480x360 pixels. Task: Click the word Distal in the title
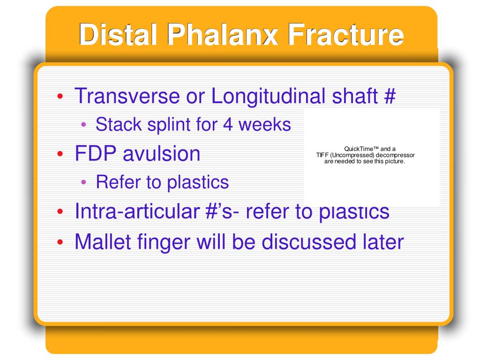pyautogui.click(x=118, y=34)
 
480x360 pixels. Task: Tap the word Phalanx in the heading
pyautogui.click(x=223, y=34)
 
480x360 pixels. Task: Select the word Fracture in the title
pyautogui.click(x=346, y=34)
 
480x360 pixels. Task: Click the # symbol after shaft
pyautogui.click(x=390, y=96)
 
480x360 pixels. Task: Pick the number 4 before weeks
pyautogui.click(x=228, y=125)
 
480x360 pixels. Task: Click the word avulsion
pyautogui.click(x=161, y=153)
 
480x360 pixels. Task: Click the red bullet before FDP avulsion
pyautogui.click(x=60, y=154)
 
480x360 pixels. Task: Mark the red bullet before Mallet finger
pyautogui.click(x=60, y=242)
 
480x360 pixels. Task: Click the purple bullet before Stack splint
pyautogui.click(x=83, y=125)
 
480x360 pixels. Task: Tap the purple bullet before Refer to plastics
pyautogui.click(x=83, y=182)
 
